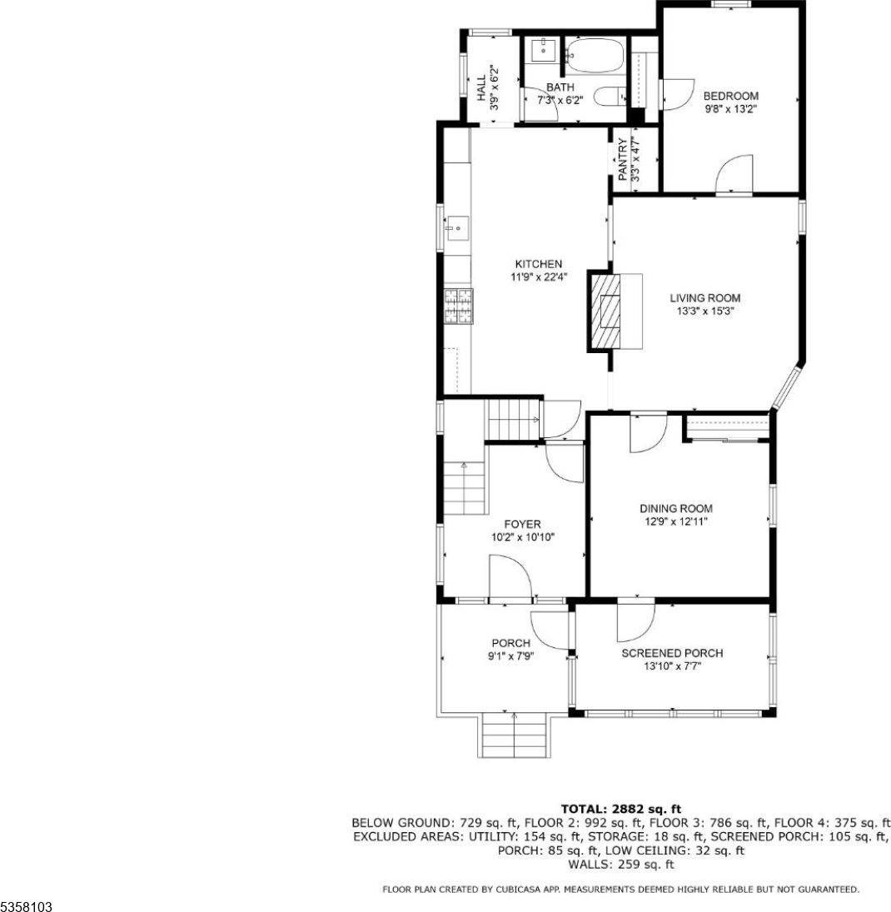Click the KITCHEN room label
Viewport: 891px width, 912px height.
[x=531, y=264]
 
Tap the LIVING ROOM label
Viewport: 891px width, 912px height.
[x=704, y=297]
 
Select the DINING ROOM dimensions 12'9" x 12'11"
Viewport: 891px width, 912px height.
[x=675, y=521]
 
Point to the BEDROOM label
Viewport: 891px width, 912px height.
[x=730, y=95]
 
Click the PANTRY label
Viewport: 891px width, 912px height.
[x=624, y=158]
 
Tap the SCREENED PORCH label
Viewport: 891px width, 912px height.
[x=672, y=653]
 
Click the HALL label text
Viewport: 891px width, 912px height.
[x=481, y=88]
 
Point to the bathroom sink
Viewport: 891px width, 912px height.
[x=542, y=49]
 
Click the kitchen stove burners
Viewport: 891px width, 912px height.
[x=457, y=305]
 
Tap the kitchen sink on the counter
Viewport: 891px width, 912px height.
[x=456, y=225]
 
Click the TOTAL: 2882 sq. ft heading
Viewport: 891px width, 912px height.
[x=621, y=808]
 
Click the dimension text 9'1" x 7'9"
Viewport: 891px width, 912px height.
[x=511, y=655]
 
